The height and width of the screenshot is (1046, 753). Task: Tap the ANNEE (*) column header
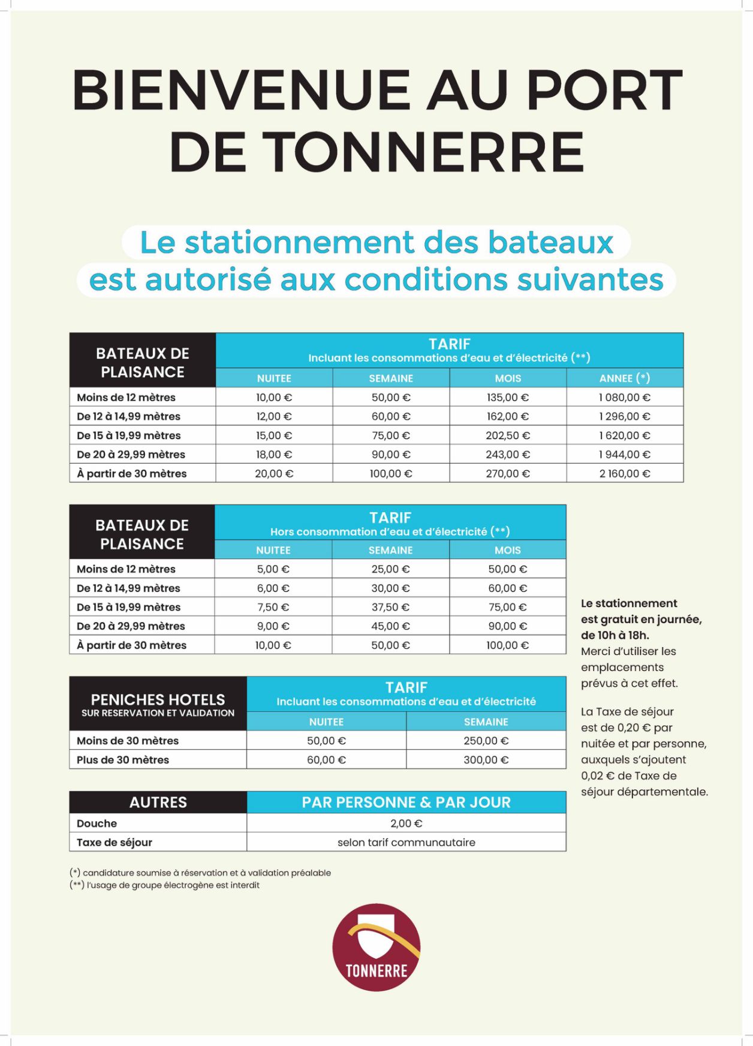click(624, 378)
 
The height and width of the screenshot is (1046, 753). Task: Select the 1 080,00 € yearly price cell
click(624, 397)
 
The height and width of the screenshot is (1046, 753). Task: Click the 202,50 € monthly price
click(507, 435)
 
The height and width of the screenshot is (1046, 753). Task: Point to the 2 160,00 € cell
click(624, 473)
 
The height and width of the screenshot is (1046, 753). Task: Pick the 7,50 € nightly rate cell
click(273, 607)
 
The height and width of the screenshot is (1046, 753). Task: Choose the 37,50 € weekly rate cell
click(390, 607)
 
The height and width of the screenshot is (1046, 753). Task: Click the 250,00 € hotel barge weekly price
click(486, 741)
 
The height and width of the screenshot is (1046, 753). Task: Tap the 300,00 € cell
click(486, 760)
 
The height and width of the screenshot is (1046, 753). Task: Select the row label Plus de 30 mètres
click(123, 760)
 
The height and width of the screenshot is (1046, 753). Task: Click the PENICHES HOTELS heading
click(158, 699)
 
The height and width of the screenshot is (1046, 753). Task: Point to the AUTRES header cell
click(158, 802)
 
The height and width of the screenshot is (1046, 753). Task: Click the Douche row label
click(97, 823)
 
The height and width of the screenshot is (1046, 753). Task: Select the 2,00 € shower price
click(406, 823)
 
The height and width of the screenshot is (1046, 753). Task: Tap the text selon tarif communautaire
click(406, 842)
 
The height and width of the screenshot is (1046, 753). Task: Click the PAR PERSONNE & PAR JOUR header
click(406, 802)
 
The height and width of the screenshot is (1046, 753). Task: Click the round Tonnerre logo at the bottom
click(376, 947)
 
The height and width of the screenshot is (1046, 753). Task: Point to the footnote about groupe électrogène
click(165, 885)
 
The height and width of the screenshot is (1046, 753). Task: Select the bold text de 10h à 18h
click(615, 635)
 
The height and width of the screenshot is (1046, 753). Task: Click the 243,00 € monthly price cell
click(507, 455)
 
